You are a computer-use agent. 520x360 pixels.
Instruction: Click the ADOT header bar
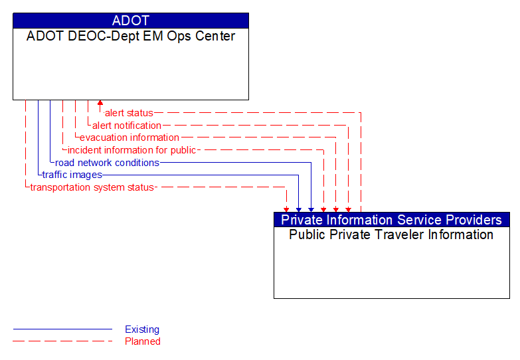[x=131, y=21]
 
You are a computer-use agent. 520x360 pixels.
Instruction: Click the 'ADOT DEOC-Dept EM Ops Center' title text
[x=131, y=37]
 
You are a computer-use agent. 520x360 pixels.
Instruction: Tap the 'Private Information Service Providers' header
[x=392, y=220]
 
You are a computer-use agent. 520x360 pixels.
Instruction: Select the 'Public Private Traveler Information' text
[x=391, y=235]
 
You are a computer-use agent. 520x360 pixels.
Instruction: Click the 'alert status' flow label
[x=129, y=113]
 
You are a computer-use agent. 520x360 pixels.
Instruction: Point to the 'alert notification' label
[x=126, y=126]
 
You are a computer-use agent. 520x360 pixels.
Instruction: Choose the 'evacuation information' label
[x=129, y=137]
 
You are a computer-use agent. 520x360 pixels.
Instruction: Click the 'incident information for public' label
[x=131, y=150]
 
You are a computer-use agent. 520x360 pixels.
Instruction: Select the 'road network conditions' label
[x=107, y=163]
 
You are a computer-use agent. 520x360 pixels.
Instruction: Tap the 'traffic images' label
[x=72, y=175]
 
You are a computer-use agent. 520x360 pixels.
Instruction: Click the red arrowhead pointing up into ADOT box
[x=100, y=104]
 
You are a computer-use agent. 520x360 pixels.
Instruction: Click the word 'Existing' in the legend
[x=142, y=329]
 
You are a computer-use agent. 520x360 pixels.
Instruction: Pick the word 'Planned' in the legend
[x=143, y=341]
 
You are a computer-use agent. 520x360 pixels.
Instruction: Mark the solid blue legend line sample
[x=62, y=329]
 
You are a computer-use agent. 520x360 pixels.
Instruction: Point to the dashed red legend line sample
[x=62, y=341]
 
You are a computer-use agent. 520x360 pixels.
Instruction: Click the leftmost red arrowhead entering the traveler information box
[x=286, y=208]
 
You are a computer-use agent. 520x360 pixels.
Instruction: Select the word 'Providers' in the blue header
[x=474, y=220]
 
